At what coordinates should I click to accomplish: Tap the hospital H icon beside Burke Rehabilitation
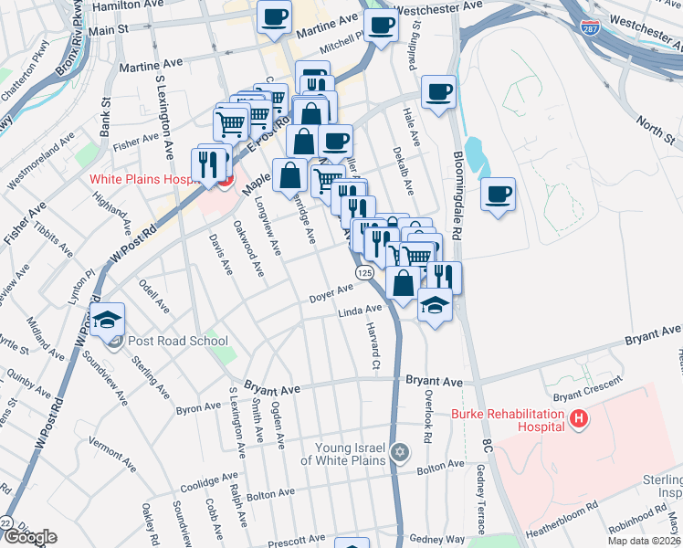tap(577, 419)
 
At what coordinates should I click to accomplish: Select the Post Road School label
tap(178, 342)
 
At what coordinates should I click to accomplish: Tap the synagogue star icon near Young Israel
tap(399, 452)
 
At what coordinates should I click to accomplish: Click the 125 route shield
tap(364, 273)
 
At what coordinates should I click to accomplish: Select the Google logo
tap(29, 537)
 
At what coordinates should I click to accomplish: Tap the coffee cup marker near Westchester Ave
tap(380, 26)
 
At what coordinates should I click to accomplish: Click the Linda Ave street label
tap(360, 311)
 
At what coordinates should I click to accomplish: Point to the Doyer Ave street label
tap(331, 292)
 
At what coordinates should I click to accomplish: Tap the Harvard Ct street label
tap(373, 346)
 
